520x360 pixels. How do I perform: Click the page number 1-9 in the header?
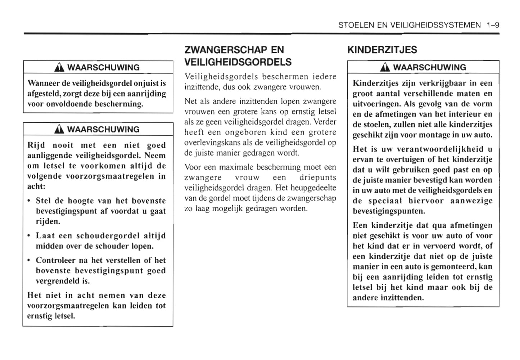click(x=492, y=25)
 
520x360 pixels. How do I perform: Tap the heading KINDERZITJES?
click(x=382, y=50)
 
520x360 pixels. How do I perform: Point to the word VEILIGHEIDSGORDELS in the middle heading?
click(x=238, y=62)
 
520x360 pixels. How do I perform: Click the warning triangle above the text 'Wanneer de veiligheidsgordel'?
click(x=60, y=68)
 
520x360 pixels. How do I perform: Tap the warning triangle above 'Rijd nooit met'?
click(x=60, y=130)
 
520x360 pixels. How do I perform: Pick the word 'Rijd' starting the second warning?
click(x=36, y=145)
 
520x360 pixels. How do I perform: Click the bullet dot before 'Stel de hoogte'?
click(x=29, y=201)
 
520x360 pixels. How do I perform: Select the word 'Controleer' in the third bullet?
click(x=55, y=260)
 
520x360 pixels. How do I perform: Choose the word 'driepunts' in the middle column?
click(x=318, y=178)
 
